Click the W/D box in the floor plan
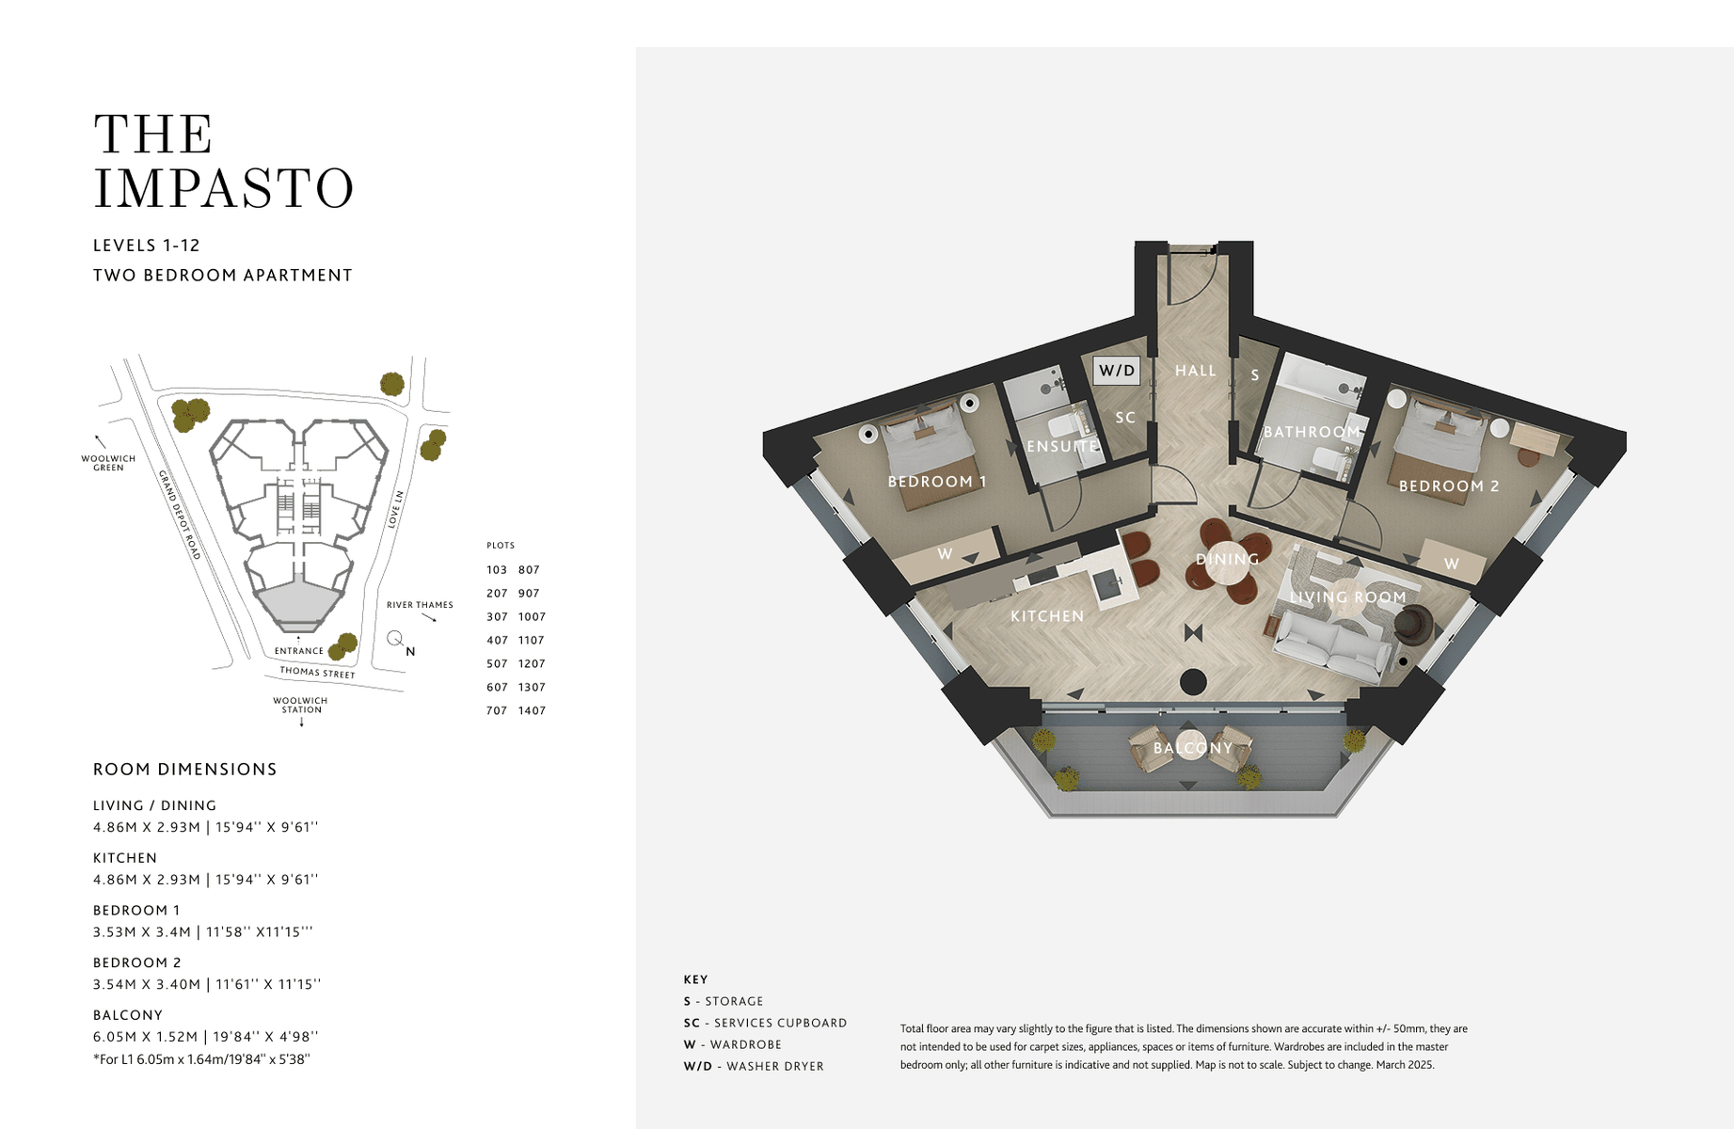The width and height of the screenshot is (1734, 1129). point(1117,371)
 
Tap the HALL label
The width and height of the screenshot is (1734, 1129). point(1196,371)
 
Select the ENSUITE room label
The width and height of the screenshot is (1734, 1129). point(1062,446)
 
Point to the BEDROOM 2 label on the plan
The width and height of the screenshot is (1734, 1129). point(1449,486)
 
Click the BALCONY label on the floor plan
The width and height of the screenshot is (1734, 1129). point(1193,748)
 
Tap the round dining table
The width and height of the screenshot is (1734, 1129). point(1228,562)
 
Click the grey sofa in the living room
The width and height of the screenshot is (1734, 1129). point(1330,644)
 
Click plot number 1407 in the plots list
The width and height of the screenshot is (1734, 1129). point(532,711)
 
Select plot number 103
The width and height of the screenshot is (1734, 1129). point(497,570)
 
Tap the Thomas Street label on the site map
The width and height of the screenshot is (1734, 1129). point(318,673)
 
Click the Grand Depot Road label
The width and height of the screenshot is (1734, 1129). point(180,515)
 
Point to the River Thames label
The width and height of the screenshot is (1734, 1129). point(420,605)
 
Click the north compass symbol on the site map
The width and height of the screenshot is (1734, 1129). point(396,639)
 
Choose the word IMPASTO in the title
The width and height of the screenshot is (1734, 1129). point(224,188)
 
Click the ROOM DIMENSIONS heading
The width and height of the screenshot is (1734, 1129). point(185,770)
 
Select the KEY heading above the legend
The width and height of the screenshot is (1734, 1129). point(696,979)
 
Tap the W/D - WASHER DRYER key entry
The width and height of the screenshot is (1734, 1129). point(754,1066)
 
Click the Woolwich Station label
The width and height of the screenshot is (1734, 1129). point(300,706)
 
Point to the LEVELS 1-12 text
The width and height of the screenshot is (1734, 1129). point(147,246)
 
